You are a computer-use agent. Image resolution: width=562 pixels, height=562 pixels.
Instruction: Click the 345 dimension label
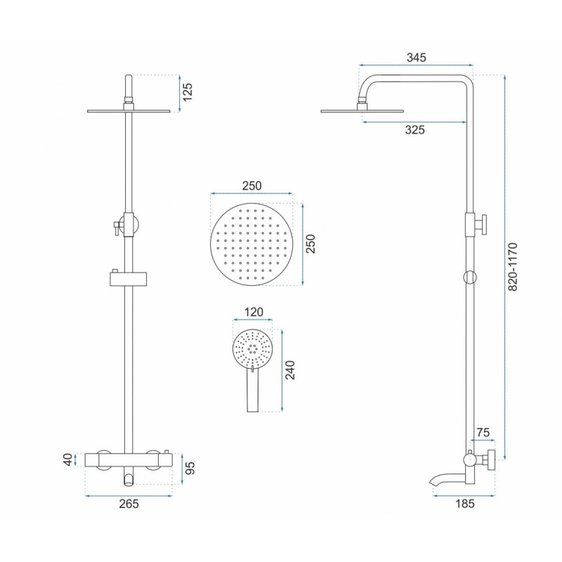coord(416,58)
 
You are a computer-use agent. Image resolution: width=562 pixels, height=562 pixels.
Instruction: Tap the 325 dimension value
coord(414,130)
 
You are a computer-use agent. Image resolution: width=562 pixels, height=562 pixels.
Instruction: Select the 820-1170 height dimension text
coord(513,267)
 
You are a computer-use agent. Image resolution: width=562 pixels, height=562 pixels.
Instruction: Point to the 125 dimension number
coord(188,92)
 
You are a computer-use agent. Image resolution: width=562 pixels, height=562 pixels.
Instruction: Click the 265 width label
coord(129,504)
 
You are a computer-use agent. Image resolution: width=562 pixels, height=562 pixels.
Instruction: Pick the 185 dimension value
coord(465,504)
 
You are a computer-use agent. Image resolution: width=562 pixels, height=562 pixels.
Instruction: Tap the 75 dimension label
coord(483,433)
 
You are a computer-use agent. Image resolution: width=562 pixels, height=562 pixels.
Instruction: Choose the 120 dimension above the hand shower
coord(254,312)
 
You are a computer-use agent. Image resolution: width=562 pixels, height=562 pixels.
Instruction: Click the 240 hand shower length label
coord(289,370)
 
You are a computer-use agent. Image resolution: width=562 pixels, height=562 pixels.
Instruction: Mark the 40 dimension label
coord(68,460)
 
